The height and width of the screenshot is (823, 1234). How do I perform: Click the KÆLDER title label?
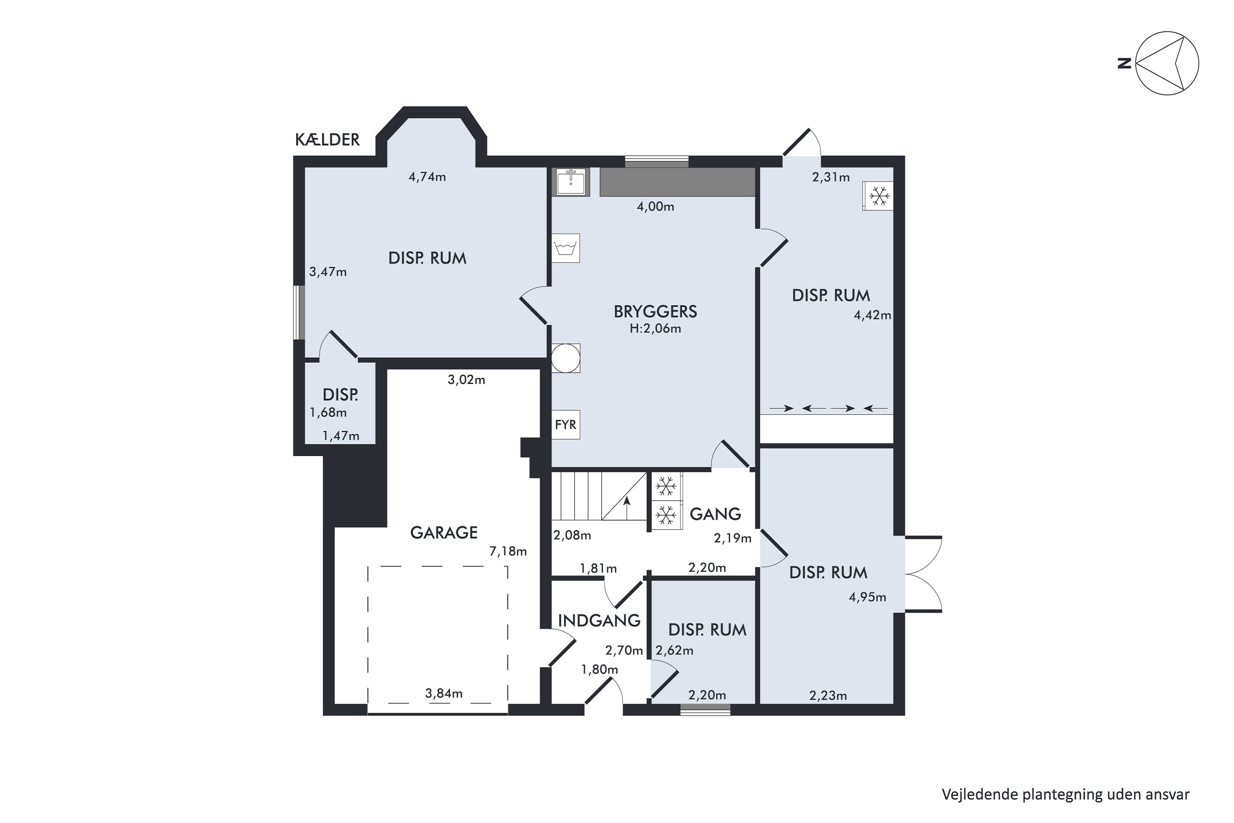click(x=327, y=139)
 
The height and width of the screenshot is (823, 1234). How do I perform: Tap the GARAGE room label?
click(x=444, y=533)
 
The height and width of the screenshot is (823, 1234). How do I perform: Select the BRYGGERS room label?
click(x=655, y=312)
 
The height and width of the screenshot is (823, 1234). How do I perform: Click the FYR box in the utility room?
click(x=566, y=425)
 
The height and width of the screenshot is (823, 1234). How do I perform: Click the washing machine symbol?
click(x=566, y=248)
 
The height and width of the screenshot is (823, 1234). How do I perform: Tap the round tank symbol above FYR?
click(x=566, y=358)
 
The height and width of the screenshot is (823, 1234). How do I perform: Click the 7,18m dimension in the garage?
click(x=508, y=551)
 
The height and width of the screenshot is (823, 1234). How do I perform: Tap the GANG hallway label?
click(x=715, y=514)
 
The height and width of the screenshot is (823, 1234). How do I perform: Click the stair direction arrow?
click(x=626, y=507)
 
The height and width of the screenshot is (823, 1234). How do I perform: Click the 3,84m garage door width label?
click(x=444, y=693)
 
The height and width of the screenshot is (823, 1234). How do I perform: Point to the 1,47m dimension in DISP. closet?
click(x=341, y=436)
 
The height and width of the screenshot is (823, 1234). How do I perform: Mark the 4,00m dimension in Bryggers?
click(x=655, y=207)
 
